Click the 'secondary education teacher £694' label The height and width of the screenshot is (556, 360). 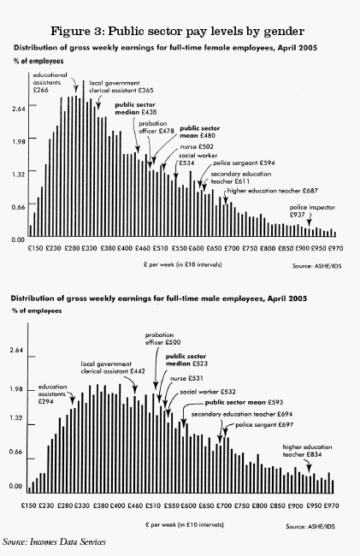tap(238, 414)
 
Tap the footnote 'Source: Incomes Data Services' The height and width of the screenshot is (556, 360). tap(52, 542)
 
